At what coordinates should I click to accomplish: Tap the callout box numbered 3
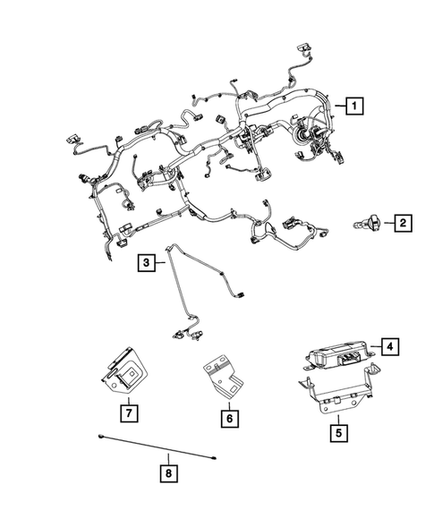(x=146, y=262)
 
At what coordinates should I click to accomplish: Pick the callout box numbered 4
(x=390, y=344)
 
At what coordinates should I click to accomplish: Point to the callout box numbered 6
(x=228, y=417)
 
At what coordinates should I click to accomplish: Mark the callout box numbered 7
(x=129, y=412)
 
